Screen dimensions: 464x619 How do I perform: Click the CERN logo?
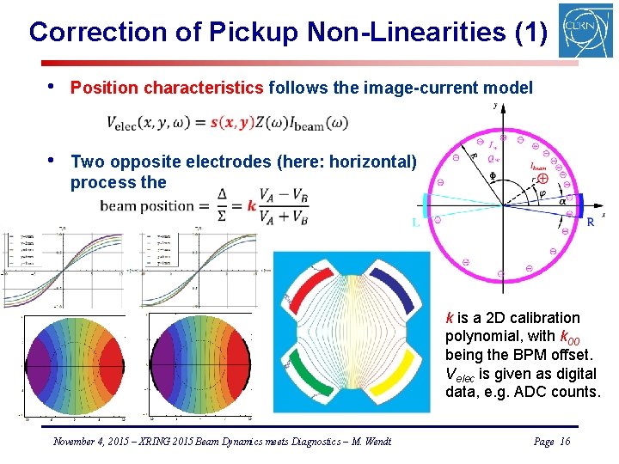tap(585, 31)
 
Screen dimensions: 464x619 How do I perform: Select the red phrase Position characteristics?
tap(168, 88)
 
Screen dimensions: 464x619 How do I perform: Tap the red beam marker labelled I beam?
tap(543, 180)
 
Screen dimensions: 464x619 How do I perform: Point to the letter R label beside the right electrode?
tap(590, 223)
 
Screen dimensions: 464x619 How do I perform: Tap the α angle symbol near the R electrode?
tap(562, 201)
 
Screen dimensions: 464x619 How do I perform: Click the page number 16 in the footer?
tap(564, 441)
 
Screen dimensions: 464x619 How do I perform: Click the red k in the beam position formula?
tap(251, 205)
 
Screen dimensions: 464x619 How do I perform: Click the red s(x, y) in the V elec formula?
tap(231, 123)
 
